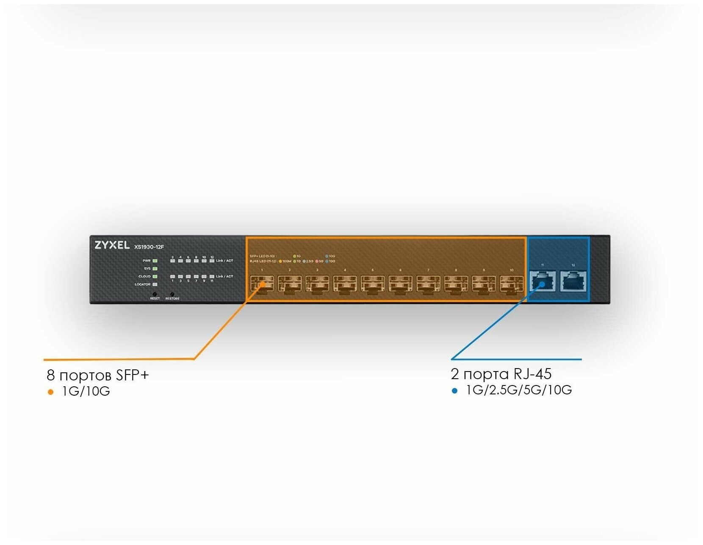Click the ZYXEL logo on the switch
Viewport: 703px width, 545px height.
tap(112, 245)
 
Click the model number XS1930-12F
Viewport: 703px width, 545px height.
tap(149, 247)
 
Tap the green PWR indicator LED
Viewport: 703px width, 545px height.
tap(155, 261)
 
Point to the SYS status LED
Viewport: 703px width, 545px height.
tap(155, 269)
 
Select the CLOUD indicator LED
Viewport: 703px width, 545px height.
tap(155, 276)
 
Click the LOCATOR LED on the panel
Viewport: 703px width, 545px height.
tap(155, 284)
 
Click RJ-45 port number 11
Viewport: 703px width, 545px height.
tap(542, 281)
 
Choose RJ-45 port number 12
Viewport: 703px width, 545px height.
tap(573, 281)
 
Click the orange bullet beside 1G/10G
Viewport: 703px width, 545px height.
tap(51, 392)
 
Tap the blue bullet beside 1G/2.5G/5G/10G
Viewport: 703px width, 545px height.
tap(455, 391)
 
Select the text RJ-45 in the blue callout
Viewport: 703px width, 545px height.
tap(532, 374)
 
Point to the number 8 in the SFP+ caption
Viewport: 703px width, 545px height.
tap(51, 375)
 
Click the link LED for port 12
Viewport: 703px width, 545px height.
tap(212, 261)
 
